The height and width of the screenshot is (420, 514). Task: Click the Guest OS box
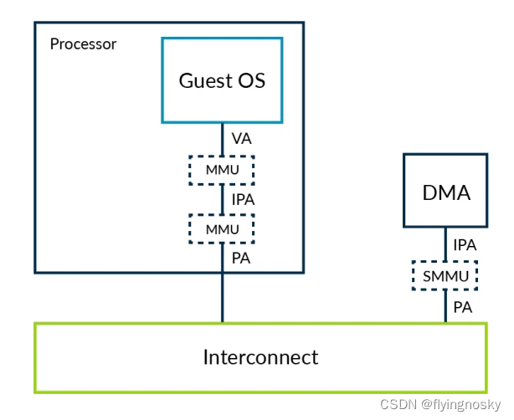[x=222, y=80]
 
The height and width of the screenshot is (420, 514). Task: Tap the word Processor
[x=83, y=44]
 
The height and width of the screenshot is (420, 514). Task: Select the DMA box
[x=445, y=191]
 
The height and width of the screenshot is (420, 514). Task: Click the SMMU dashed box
[x=445, y=276]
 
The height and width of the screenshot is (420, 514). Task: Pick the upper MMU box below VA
[x=222, y=170]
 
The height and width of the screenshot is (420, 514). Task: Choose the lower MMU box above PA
[x=222, y=229]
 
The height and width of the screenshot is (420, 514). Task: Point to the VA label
[x=242, y=139]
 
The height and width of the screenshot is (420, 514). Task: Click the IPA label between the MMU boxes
[x=243, y=199]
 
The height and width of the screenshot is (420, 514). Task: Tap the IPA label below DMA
[x=465, y=245]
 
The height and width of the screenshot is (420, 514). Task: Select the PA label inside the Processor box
[x=241, y=259]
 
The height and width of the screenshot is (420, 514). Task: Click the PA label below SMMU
[x=463, y=307]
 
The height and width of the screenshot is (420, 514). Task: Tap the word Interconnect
[x=260, y=356]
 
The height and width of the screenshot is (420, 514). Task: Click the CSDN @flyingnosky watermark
[x=440, y=405]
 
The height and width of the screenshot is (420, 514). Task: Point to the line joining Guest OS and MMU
[x=222, y=140]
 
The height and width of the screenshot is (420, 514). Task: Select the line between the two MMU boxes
[x=222, y=199]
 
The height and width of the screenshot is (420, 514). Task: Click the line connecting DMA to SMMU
[x=445, y=244]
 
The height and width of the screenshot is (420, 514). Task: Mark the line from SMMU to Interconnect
[x=445, y=307]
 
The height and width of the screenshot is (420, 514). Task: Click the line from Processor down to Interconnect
[x=222, y=298]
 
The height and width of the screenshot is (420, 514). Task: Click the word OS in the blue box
[x=251, y=80]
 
